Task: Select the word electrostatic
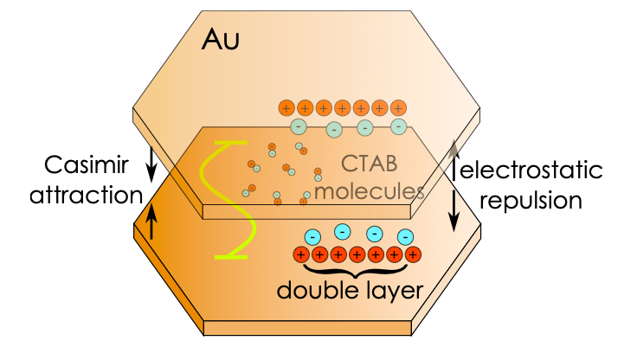tap(530, 170)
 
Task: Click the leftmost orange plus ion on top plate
tap(286, 108)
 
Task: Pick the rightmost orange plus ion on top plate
tap(397, 108)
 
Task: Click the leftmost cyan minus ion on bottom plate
tap(312, 236)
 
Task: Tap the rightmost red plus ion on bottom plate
tap(413, 254)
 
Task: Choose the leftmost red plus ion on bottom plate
tap(301, 254)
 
